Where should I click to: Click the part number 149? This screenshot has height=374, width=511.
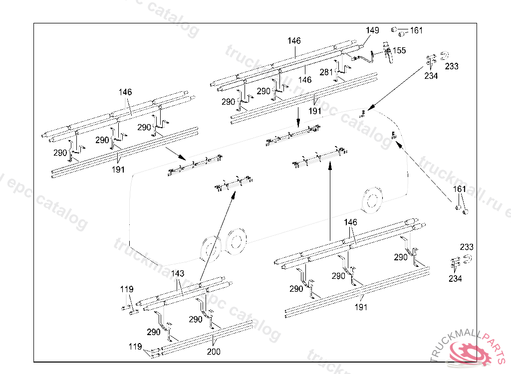tap(372, 31)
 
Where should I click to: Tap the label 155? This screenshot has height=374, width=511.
tap(399, 51)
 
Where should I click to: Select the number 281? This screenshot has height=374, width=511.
tap(326, 73)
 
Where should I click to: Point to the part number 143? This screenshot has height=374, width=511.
tap(178, 274)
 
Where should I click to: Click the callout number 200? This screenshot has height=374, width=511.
tap(214, 352)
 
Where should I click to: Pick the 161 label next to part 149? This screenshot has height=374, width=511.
tap(416, 30)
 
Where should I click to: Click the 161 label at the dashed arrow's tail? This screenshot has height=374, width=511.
tap(459, 189)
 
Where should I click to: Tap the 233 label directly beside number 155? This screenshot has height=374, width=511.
tap(452, 66)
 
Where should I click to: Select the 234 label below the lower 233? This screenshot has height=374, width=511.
tap(455, 279)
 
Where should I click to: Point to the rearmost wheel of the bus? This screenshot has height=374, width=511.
tap(210, 248)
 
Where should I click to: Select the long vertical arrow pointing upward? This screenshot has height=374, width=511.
tap(330, 199)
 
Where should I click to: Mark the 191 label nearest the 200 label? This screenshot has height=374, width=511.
tap(360, 307)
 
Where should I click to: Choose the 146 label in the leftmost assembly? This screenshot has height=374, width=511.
tap(125, 92)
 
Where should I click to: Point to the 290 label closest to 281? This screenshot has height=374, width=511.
tap(263, 91)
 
